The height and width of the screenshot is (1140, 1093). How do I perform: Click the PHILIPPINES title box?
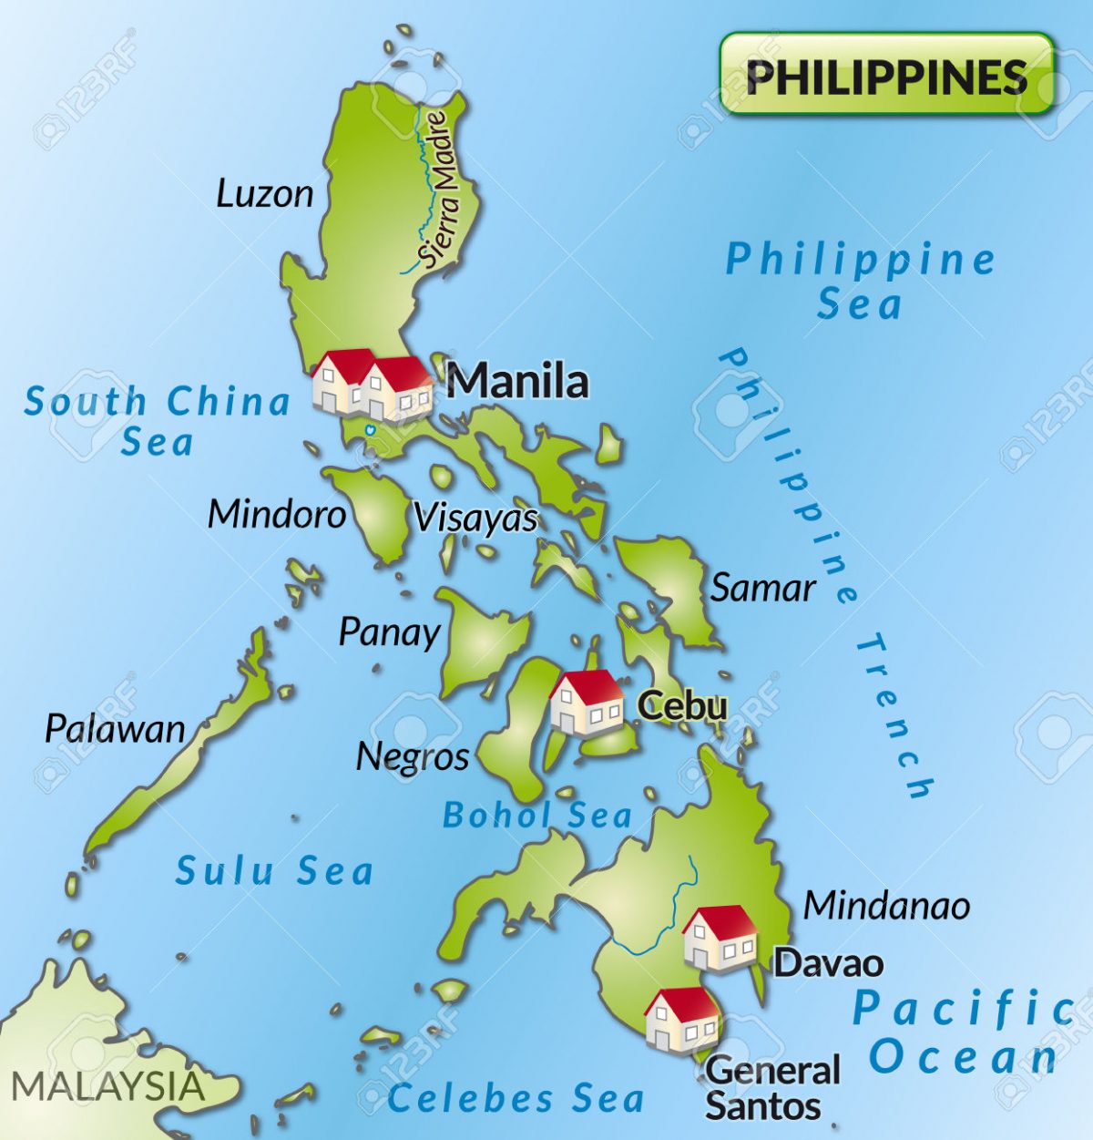[x=886, y=75]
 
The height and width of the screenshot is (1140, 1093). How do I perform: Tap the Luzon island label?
[x=265, y=193]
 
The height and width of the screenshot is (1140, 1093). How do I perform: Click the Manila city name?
[x=517, y=381]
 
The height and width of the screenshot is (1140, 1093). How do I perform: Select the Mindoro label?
[x=277, y=515]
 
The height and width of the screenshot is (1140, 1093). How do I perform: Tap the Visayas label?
[x=475, y=519]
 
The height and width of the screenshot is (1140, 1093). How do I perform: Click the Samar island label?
[x=762, y=589]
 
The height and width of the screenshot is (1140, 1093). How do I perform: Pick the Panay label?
[x=389, y=632]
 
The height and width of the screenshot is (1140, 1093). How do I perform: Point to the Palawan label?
[x=115, y=729]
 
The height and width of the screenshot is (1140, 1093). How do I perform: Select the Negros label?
[x=412, y=756]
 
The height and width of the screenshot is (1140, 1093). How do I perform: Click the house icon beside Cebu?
[x=587, y=702]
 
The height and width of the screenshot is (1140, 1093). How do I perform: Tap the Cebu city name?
[x=682, y=705]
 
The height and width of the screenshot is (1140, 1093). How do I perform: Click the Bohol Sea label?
[x=536, y=816]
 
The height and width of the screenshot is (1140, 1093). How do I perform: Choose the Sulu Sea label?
[x=274, y=871]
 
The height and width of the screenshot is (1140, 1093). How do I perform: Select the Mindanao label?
[x=886, y=906]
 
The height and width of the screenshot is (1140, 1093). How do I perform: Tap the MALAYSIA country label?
[x=107, y=1086]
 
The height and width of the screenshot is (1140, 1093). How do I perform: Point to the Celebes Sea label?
[x=516, y=1099]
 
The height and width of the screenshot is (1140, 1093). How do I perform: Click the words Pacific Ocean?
[x=964, y=1033]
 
